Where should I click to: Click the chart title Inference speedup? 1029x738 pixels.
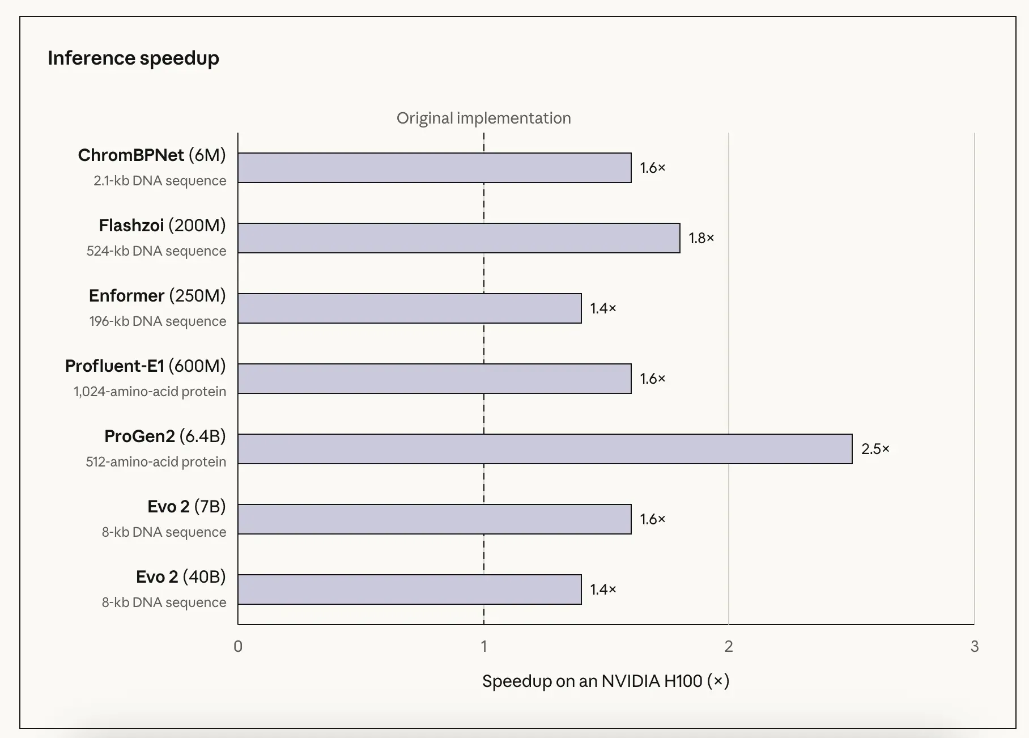point(133,58)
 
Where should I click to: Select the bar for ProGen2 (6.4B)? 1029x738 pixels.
point(545,449)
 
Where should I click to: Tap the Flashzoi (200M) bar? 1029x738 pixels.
point(459,238)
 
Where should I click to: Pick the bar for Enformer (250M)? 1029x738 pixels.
point(410,308)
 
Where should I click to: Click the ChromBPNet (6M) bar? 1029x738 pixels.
point(435,168)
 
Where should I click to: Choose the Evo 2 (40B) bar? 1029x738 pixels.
point(410,589)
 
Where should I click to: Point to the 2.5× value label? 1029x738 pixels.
point(875,449)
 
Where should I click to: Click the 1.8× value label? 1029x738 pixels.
point(701,238)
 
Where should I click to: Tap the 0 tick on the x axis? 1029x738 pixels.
point(238,646)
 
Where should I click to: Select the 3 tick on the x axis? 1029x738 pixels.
point(975,646)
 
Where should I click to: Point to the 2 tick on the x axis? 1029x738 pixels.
point(729,646)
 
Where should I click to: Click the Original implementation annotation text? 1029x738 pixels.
point(484,118)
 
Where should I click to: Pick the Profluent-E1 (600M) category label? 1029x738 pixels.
point(146,366)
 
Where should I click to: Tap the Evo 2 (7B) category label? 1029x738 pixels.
point(187,507)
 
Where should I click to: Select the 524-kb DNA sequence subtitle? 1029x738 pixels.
point(156,251)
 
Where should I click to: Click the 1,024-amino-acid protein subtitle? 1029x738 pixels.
point(150,392)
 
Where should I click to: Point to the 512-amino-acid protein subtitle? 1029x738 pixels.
point(156,462)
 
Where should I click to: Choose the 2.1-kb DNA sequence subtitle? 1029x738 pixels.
point(160,181)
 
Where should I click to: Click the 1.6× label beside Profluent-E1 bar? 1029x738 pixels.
point(653,379)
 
